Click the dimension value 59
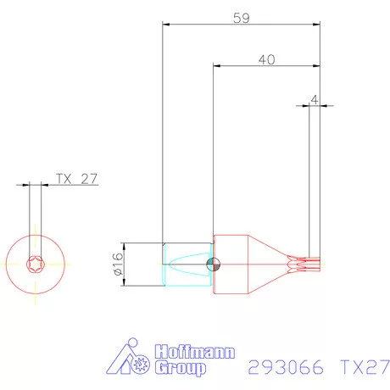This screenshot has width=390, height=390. coord(241,18)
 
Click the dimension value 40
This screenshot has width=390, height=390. coord(265,59)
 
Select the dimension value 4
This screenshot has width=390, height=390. coord(315,99)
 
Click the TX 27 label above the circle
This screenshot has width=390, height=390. coord(77,179)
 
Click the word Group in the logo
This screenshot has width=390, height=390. coord(180,368)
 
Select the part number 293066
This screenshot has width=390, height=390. coord(281,367)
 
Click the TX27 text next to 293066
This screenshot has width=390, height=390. coord(362,367)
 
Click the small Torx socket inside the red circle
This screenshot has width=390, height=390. coord(35,264)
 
